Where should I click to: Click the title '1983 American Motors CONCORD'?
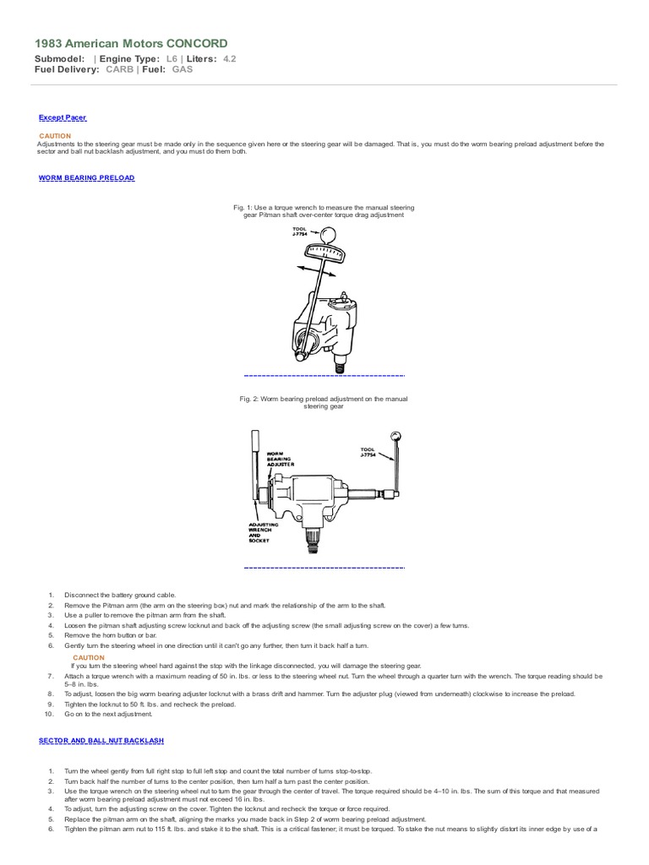point(131,43)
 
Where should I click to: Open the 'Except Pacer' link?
point(63,117)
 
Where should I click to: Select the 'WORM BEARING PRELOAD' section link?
point(87,178)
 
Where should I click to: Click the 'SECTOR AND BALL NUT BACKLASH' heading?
point(101,740)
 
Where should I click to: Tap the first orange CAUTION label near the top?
point(55,136)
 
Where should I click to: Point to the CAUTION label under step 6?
point(89,657)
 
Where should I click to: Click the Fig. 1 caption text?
point(324,210)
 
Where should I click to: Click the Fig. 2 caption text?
point(324,402)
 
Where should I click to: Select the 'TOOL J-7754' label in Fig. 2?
point(368,453)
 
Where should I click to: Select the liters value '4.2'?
point(230,58)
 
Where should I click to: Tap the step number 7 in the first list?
point(51,676)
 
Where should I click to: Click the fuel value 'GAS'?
point(182,69)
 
